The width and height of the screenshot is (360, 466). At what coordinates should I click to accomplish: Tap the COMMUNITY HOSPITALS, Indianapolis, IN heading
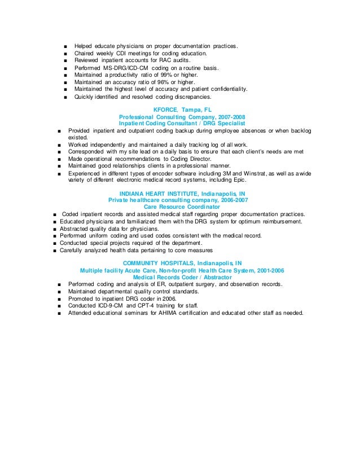[x=182, y=263]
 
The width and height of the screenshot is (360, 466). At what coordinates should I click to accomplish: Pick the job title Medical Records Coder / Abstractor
[x=182, y=277]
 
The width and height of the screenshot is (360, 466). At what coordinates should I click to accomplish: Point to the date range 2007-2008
[x=229, y=117]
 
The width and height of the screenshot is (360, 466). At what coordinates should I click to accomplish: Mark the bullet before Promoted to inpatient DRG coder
[x=59, y=298]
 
